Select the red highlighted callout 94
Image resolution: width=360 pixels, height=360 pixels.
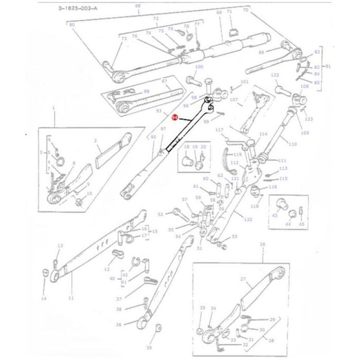coord(175,118)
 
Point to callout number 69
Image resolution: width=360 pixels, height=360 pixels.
coord(219,12)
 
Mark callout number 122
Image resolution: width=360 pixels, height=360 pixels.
coord(275,75)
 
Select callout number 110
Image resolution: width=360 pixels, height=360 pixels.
coord(293,143)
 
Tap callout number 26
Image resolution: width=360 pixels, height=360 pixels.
coord(263,244)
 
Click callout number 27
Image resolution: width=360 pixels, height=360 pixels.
coord(243,279)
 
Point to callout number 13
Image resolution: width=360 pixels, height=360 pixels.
coord(61,246)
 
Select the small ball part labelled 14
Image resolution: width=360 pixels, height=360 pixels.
coord(44,272)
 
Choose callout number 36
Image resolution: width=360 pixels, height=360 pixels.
coord(118,324)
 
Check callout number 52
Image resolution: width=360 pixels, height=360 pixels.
coord(160,214)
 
